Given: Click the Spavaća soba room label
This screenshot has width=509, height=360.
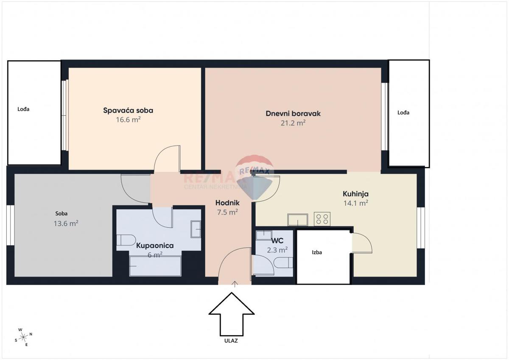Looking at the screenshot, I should (x=128, y=111).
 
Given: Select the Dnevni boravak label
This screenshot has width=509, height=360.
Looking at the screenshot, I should (x=293, y=114).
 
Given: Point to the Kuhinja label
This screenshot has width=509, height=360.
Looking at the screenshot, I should (x=355, y=194).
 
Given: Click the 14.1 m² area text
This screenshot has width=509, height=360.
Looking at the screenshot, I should (x=355, y=203).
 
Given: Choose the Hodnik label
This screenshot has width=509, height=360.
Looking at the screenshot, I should (x=227, y=203).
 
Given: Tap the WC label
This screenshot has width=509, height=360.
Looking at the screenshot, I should (x=277, y=240).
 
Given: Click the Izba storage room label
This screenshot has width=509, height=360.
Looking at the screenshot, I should (x=317, y=252).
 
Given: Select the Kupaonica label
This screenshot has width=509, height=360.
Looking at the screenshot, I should (x=155, y=246).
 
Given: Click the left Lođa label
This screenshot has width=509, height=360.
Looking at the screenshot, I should (x=23, y=109).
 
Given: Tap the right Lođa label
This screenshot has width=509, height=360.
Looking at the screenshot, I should (x=403, y=113).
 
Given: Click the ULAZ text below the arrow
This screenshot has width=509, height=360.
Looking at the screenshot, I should (x=231, y=340).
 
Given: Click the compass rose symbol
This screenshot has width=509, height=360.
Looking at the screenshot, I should (x=24, y=336).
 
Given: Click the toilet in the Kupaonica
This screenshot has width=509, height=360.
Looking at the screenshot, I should (x=126, y=240).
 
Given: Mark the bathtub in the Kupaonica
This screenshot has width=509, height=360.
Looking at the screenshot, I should (x=155, y=266).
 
